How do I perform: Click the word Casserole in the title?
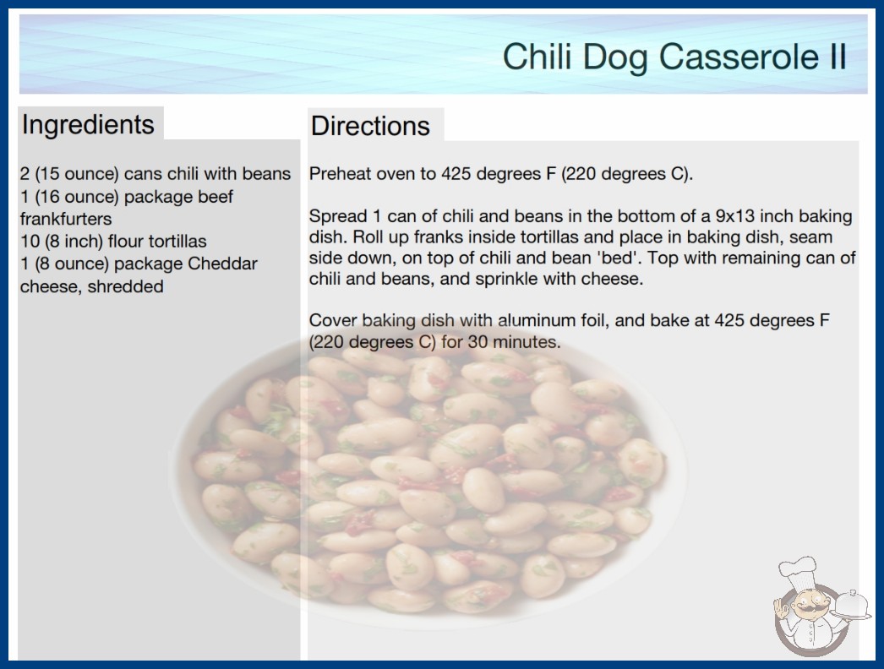(x=739, y=57)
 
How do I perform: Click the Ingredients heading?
(x=88, y=125)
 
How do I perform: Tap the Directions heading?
(x=370, y=126)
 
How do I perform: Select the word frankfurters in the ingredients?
(x=66, y=219)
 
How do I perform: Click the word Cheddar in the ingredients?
(x=223, y=264)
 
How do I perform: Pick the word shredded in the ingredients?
(x=126, y=286)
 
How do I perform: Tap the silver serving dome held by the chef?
(x=852, y=605)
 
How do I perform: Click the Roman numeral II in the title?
(x=838, y=57)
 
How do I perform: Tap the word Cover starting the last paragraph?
(x=333, y=320)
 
